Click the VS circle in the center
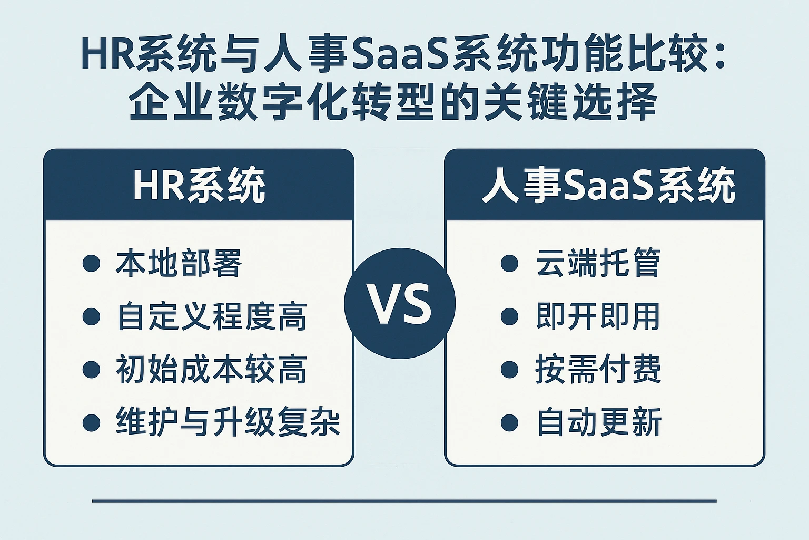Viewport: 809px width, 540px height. tap(399, 304)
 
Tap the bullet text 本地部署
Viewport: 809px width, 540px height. tap(179, 263)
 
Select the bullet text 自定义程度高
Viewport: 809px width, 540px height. tap(211, 316)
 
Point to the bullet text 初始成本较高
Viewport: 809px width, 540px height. tap(211, 369)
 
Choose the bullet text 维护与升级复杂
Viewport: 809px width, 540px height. tap(228, 422)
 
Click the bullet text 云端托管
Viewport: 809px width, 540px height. tap(598, 263)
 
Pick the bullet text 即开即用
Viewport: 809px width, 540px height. tap(598, 316)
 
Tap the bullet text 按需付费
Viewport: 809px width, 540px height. tap(598, 369)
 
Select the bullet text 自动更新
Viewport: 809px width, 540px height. tap(598, 422)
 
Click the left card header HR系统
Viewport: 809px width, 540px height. tap(199, 186)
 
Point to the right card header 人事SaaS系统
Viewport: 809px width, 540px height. tap(608, 186)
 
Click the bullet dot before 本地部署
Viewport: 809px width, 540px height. tap(91, 263)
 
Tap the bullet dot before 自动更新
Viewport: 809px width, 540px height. tap(509, 422)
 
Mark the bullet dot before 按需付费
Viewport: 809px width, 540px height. tap(509, 369)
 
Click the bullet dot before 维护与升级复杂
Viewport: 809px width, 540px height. tap(91, 422)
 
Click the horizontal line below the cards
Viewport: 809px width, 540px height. tap(404, 500)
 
